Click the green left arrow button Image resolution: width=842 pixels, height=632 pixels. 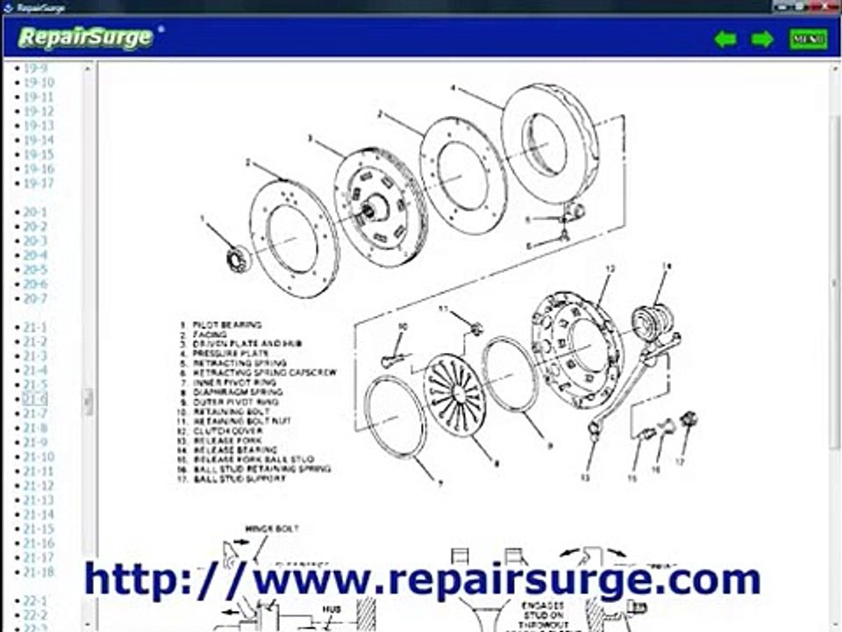(x=724, y=39)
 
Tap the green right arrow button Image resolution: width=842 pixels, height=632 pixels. (x=762, y=39)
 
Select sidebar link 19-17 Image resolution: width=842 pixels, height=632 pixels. (x=39, y=183)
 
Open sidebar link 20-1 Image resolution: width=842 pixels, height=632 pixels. (x=35, y=212)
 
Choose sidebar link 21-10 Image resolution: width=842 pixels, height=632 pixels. (x=39, y=456)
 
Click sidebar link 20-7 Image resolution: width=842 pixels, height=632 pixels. (x=35, y=298)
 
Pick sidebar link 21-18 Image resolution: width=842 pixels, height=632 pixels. (x=39, y=571)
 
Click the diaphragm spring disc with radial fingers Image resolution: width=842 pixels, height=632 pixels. (x=454, y=391)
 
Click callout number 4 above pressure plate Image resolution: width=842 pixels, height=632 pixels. (x=453, y=88)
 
